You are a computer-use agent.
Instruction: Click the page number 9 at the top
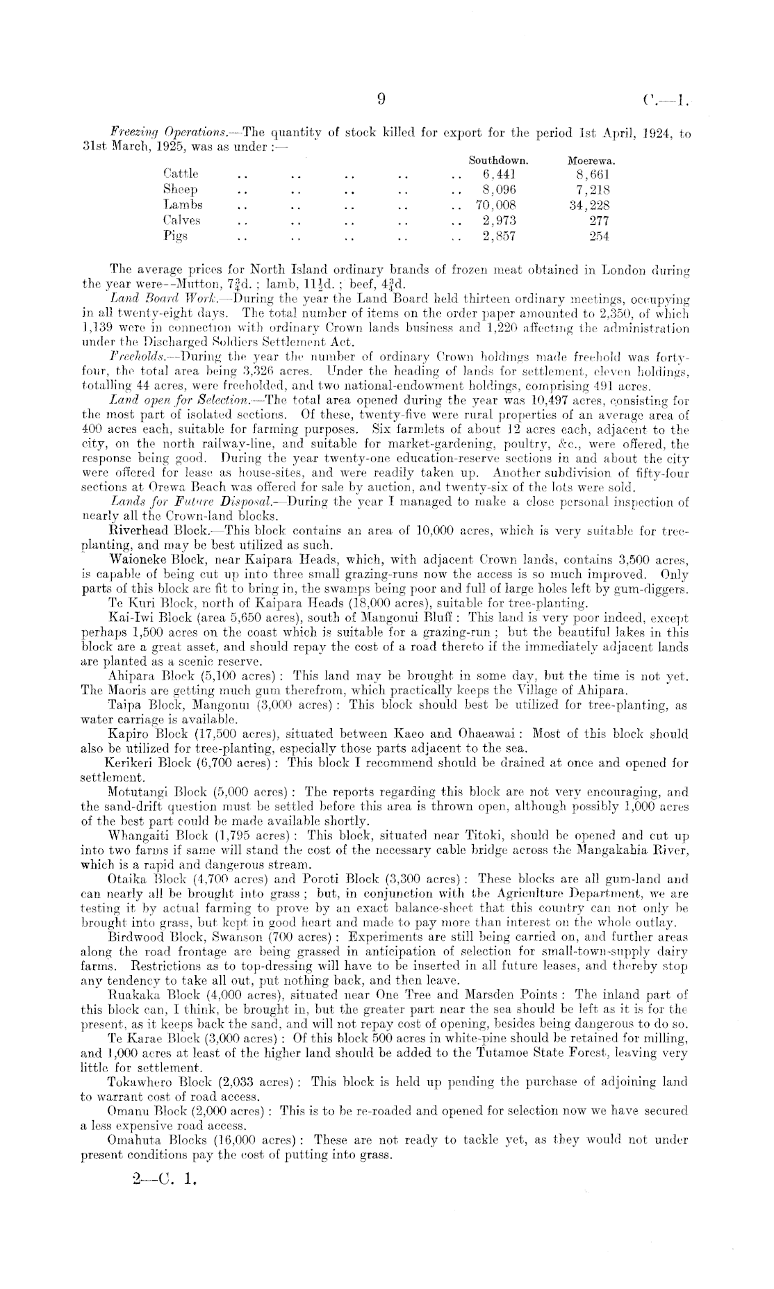pyautogui.click(x=381, y=99)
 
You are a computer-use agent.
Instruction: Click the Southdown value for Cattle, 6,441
pyautogui.click(x=499, y=174)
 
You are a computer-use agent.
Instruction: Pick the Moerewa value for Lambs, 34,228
pyautogui.click(x=588, y=205)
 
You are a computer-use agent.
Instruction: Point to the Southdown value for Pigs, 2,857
pyautogui.click(x=499, y=236)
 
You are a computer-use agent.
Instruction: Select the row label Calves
pyautogui.click(x=182, y=220)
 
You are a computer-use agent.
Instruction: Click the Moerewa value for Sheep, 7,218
pyautogui.click(x=593, y=189)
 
